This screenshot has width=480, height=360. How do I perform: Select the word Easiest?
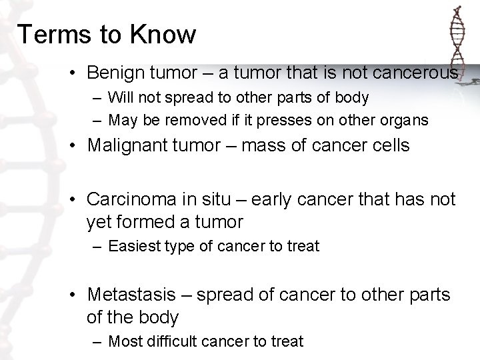coord(133,247)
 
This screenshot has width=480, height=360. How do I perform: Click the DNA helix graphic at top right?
coord(457,40)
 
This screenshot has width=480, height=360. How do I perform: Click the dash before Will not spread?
coord(97,98)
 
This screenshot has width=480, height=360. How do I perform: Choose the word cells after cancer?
coord(389,145)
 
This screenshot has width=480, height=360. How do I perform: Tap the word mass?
coord(262,145)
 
